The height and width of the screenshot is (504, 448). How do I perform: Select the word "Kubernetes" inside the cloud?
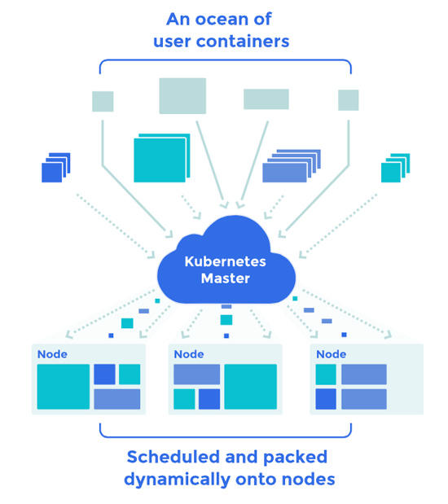225,261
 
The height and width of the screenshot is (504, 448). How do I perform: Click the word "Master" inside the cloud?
225,278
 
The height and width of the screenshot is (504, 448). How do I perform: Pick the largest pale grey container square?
182,96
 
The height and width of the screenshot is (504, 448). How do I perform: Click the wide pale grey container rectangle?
266,99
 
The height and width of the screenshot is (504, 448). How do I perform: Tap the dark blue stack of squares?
56,168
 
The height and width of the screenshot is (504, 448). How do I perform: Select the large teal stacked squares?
162,158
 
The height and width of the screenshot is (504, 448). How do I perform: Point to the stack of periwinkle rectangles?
292,166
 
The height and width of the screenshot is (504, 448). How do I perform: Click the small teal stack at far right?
395,168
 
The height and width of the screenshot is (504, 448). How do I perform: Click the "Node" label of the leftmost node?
52,354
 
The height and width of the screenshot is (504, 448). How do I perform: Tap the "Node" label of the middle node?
189,354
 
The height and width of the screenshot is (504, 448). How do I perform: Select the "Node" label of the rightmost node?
332,354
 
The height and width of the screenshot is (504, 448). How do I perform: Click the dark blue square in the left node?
104,375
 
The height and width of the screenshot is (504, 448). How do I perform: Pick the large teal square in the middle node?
251,387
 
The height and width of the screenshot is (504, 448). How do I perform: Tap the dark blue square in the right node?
326,399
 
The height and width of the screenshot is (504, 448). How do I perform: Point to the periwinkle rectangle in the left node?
117,399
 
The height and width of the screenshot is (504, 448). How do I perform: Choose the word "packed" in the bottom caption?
295,458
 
